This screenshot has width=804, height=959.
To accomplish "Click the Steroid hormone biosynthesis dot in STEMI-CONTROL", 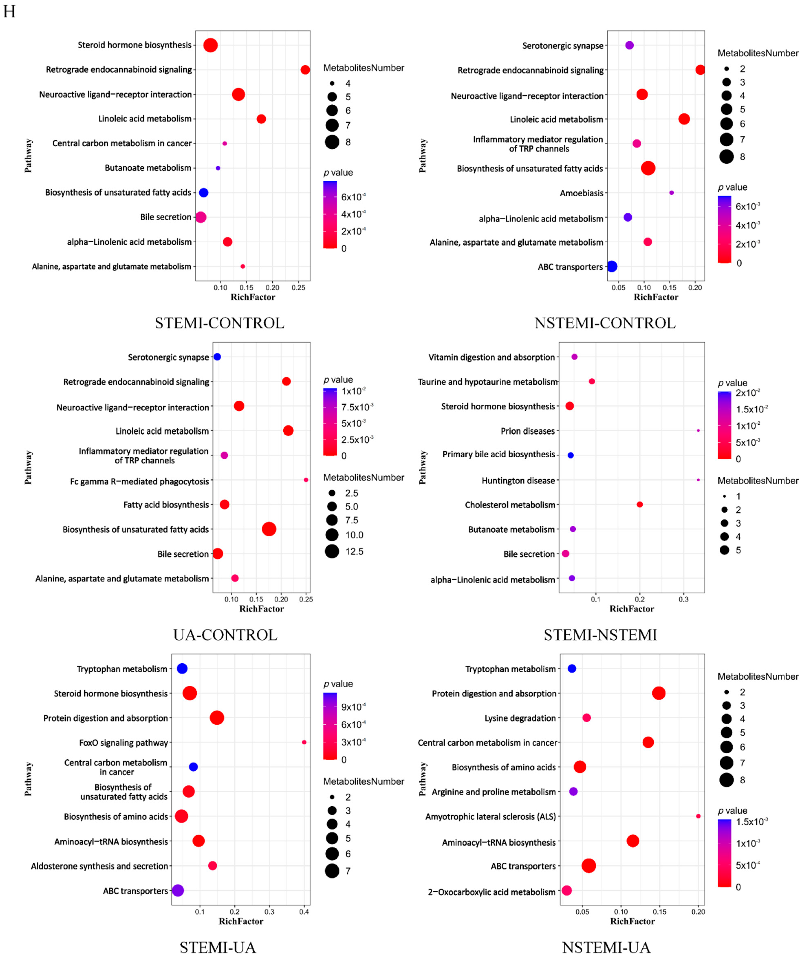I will pyautogui.click(x=210, y=45).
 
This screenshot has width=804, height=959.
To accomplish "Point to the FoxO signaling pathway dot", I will pyautogui.click(x=304, y=742).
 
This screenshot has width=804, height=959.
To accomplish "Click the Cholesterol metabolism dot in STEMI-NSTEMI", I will pyautogui.click(x=640, y=504).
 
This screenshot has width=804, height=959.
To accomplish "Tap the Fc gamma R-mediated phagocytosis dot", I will pyautogui.click(x=306, y=479).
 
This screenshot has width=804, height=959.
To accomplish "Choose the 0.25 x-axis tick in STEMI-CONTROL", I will pyautogui.click(x=298, y=288).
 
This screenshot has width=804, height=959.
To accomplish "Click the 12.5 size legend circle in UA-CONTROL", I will pyautogui.click(x=332, y=551).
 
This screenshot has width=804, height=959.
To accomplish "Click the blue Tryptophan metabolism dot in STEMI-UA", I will pyautogui.click(x=182, y=669).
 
